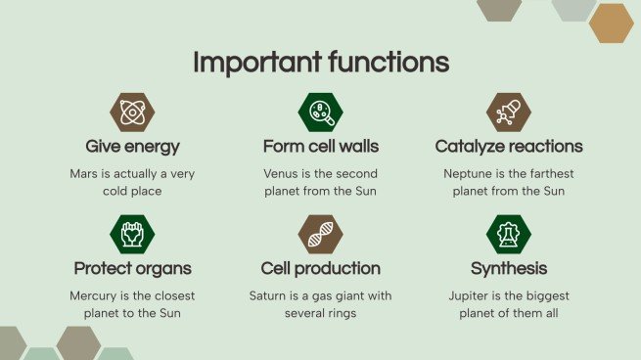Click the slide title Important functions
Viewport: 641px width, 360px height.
pyautogui.click(x=320, y=62)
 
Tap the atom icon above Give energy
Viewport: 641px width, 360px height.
pyautogui.click(x=132, y=112)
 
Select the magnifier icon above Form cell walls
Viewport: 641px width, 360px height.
pyautogui.click(x=320, y=112)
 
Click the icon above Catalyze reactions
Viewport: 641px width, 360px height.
pyautogui.click(x=508, y=112)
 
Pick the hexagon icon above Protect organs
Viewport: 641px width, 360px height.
pyautogui.click(x=132, y=235)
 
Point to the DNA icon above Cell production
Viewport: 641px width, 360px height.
pyautogui.click(x=320, y=235)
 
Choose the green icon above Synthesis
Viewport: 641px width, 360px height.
pyautogui.click(x=508, y=235)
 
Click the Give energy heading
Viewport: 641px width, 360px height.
pyautogui.click(x=132, y=147)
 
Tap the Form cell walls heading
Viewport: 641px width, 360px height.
pyautogui.click(x=320, y=147)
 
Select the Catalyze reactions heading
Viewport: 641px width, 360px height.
pyautogui.click(x=508, y=147)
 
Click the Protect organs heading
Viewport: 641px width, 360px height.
pyautogui.click(x=132, y=268)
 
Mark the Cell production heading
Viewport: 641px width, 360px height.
pyautogui.click(x=320, y=268)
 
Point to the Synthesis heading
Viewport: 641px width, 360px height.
pyautogui.click(x=508, y=268)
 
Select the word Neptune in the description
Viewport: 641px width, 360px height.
pyautogui.click(x=467, y=173)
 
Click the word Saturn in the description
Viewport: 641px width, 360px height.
pyautogui.click(x=273, y=295)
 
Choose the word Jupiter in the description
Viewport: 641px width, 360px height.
pyautogui.click(x=472, y=295)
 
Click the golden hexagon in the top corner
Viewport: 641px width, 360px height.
pyautogui.click(x=612, y=22)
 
